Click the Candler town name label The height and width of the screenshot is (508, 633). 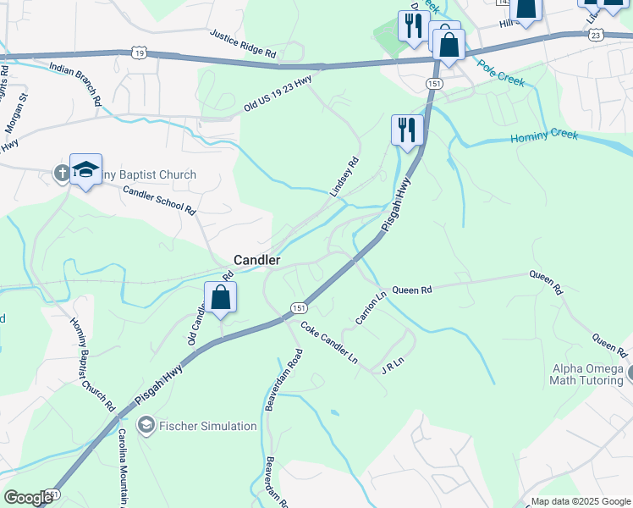pos(257,261)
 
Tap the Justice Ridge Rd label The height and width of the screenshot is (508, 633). pos(243,44)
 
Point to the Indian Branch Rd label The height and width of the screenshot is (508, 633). pos(75,83)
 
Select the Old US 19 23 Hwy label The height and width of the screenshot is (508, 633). pos(278,92)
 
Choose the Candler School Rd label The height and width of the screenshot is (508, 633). pos(159,199)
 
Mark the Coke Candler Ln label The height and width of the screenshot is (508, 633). pos(329,342)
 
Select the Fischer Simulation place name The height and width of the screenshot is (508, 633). pos(206,425)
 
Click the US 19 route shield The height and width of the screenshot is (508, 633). pos(138,52)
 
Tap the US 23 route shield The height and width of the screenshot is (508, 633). pos(595,35)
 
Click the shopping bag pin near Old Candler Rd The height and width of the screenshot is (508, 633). pos(220,299)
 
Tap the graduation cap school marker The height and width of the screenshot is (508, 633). pos(86,170)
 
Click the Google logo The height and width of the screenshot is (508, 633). pos(28,498)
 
